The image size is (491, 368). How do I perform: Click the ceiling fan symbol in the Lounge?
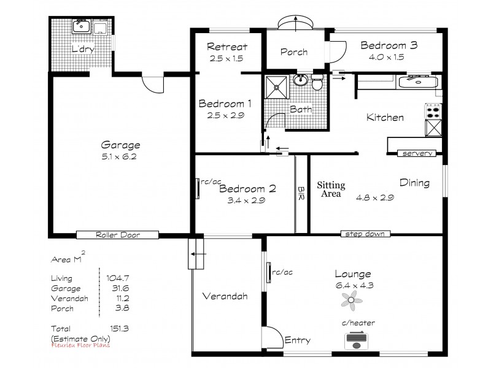point(352,299)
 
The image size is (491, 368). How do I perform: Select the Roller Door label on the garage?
point(117,235)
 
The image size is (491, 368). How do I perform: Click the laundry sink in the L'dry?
point(81,26)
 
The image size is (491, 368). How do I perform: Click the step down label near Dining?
point(365,234)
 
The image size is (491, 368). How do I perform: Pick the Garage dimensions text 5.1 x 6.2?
point(120,158)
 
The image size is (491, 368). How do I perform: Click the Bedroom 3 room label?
point(389,45)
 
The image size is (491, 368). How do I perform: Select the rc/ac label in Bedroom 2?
point(211,182)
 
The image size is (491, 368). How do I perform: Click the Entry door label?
point(298,340)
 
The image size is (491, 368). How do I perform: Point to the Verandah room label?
point(225,296)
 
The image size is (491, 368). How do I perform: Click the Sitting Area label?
point(331,189)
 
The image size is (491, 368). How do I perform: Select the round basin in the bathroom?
point(301,80)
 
